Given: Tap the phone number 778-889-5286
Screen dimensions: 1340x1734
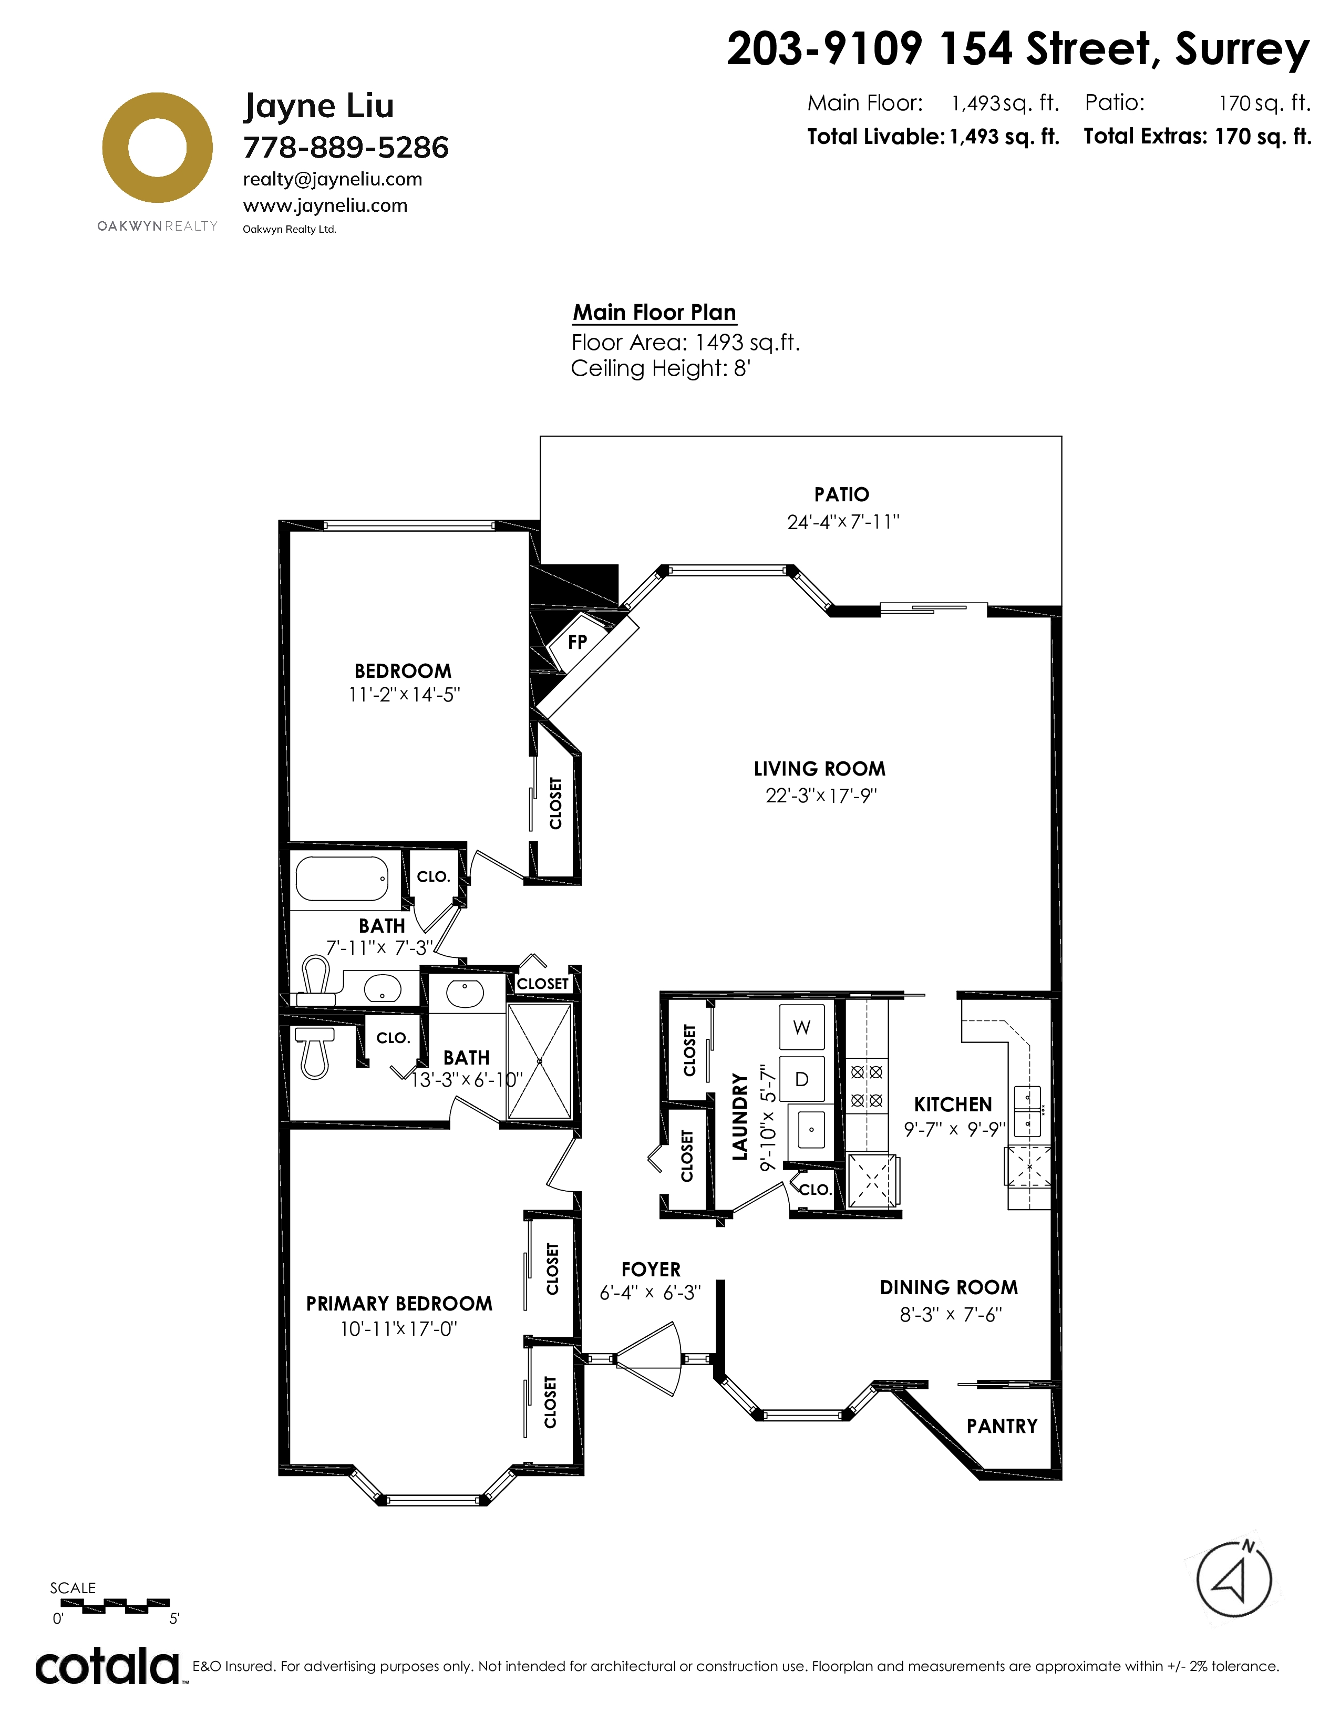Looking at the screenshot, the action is [x=346, y=148].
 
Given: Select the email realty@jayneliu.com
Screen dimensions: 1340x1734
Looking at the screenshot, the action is [x=333, y=179].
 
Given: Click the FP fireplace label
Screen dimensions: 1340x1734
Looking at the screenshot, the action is [x=577, y=642].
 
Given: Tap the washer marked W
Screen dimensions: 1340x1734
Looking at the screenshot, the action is [x=802, y=1027].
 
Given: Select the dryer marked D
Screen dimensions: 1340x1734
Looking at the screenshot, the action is [x=802, y=1079].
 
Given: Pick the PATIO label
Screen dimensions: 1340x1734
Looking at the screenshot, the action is [x=841, y=494].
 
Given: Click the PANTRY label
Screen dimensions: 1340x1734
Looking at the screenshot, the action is [x=1002, y=1427].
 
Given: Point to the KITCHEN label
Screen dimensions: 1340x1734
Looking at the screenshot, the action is [x=953, y=1105].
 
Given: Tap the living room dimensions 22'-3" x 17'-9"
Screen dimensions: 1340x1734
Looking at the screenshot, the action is [x=821, y=796].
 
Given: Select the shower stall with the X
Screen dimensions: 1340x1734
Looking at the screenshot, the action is [x=539, y=1061].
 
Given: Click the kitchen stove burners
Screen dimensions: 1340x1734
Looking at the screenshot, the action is [x=866, y=1086].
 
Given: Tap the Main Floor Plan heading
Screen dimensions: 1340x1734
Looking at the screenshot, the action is [x=655, y=313].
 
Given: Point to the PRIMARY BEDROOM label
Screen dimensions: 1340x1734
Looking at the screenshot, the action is [x=399, y=1304].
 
